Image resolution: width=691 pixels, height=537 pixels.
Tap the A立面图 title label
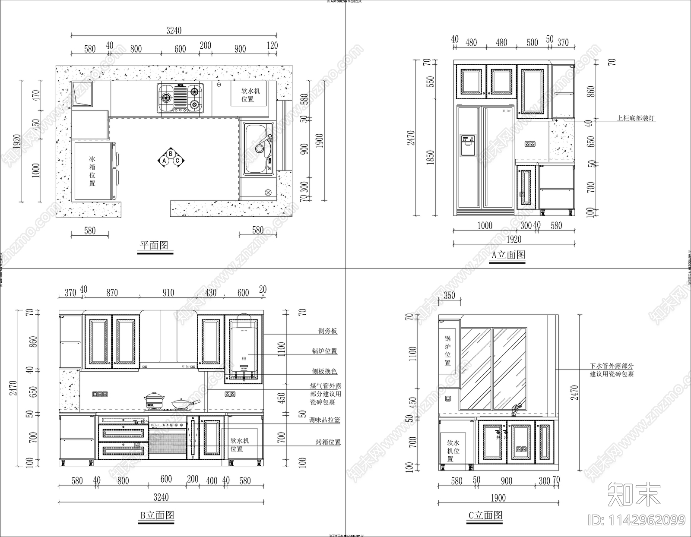[x=508, y=255]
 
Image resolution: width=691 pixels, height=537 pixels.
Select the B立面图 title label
[x=157, y=515]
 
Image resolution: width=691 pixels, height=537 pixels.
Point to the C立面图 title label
[x=485, y=515]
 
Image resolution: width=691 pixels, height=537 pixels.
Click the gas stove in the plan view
[x=181, y=98]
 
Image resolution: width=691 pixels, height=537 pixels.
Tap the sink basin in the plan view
[x=258, y=148]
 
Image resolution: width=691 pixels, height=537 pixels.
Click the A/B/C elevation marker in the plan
[x=171, y=158]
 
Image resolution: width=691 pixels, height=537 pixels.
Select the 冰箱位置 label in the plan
[x=92, y=171]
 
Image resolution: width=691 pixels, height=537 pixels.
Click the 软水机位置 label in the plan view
[x=250, y=95]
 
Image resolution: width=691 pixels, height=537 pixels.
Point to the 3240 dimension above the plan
[x=174, y=31]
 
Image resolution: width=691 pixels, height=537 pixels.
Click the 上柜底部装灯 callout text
[x=635, y=117]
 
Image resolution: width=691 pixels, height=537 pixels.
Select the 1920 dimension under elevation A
[x=513, y=239]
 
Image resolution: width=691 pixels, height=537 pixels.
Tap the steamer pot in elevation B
[x=153, y=399]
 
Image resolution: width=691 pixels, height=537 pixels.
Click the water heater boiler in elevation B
[x=244, y=350]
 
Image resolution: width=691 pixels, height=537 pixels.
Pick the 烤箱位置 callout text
[x=328, y=442]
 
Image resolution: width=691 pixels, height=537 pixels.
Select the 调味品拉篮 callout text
[x=324, y=420]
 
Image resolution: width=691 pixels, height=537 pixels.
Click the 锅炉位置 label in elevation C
[x=447, y=351]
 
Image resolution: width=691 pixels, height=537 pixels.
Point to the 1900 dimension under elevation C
[x=498, y=498]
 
